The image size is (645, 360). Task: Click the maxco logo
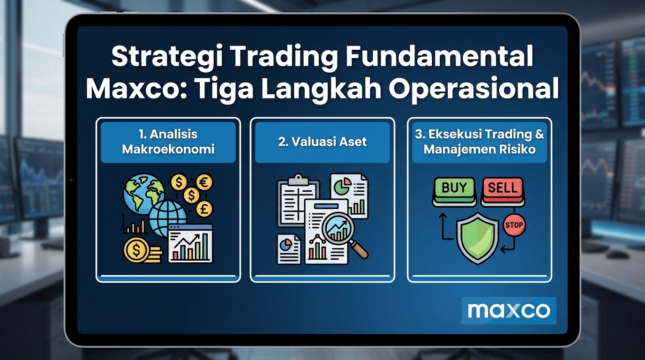pos(509,311)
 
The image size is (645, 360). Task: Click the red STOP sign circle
pos(514,225)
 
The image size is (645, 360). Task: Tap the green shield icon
pos(478,238)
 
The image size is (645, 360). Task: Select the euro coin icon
pos(204,183)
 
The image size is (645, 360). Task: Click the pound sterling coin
pos(204,209)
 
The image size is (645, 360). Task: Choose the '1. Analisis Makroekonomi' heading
pos(168,142)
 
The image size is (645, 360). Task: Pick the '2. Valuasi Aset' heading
pos(322,142)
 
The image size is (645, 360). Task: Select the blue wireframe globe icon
pos(168,219)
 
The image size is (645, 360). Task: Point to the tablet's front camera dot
pos(71,180)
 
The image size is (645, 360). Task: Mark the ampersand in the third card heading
pos(540,134)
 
